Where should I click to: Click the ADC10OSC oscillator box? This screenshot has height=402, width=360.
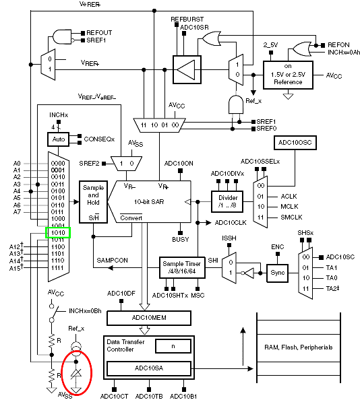295,143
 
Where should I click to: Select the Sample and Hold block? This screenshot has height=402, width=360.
93,202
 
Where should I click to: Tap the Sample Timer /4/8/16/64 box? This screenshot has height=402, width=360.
182,267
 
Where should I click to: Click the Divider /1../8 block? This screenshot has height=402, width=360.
227,201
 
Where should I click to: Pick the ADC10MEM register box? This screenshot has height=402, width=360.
149,318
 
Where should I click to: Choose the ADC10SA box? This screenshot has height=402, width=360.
149,368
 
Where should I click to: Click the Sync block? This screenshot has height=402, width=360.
277,273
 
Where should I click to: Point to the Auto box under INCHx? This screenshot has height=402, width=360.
59,139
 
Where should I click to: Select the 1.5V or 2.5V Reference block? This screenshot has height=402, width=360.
288,75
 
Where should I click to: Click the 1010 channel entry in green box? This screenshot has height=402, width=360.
58,233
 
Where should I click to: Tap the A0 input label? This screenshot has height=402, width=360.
17,164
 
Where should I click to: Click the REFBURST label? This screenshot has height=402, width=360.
187,20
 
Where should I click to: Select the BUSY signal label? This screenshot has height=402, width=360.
181,239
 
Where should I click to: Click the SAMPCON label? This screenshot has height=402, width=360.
112,260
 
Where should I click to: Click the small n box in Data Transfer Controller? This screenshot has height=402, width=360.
173,346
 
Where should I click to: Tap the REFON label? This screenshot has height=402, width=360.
338,45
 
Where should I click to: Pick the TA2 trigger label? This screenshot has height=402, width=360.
332,288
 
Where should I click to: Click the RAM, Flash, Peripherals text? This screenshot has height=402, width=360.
299,347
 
